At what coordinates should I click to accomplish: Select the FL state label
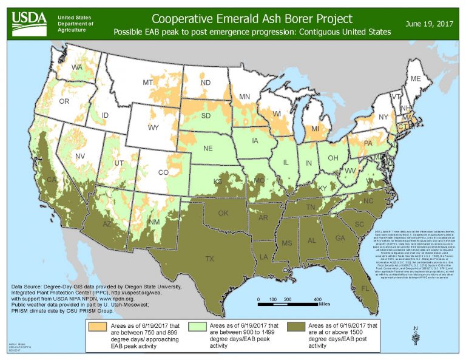(x=365, y=288)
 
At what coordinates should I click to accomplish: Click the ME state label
(x=416, y=80)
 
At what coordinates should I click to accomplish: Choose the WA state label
(x=78, y=67)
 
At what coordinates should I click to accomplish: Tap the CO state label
(x=163, y=172)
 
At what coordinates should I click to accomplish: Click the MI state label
(x=315, y=130)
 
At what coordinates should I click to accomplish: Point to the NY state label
(x=383, y=117)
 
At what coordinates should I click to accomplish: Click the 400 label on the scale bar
(x=317, y=300)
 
